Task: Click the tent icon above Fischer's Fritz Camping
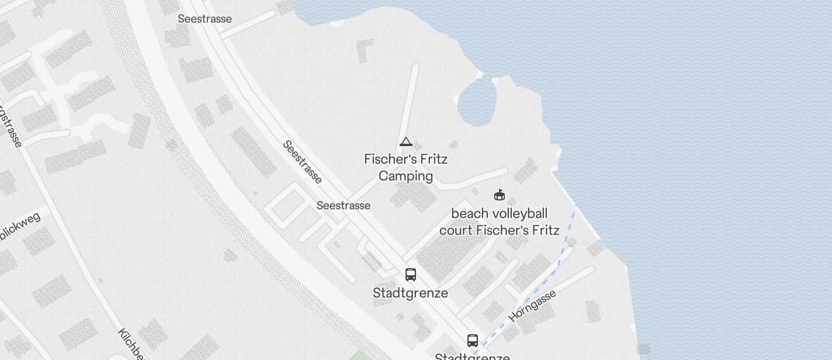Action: (x=406, y=142)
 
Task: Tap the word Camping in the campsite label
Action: (x=405, y=176)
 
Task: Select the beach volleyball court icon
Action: (x=499, y=195)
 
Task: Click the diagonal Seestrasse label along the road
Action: (x=302, y=162)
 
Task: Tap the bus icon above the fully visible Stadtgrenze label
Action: (x=411, y=275)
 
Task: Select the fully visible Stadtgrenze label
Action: (x=410, y=293)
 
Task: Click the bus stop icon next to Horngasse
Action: (x=473, y=340)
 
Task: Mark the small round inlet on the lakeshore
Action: (x=477, y=103)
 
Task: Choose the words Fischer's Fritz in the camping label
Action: (x=405, y=159)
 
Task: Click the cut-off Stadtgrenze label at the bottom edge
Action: (x=472, y=356)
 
